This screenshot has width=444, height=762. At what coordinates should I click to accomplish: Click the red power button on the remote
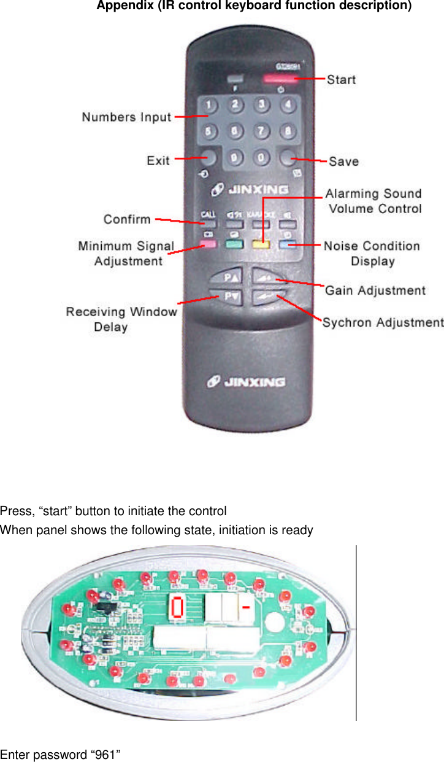(279, 79)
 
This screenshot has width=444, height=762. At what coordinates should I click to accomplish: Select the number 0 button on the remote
(261, 157)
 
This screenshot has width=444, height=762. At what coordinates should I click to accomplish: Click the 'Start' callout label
(341, 79)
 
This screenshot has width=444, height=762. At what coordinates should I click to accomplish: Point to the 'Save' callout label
(343, 161)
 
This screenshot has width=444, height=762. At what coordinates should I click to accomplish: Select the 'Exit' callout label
(158, 161)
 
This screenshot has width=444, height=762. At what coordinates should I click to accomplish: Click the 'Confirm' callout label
(127, 219)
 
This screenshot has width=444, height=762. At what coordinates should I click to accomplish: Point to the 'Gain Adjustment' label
(375, 290)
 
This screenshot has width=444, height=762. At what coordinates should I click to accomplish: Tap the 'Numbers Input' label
(126, 117)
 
